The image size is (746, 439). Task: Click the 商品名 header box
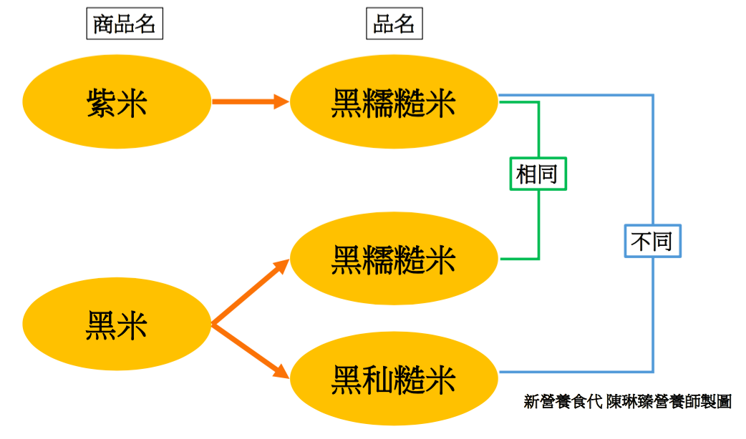pos(125,24)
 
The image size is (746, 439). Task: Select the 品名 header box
pos(394,24)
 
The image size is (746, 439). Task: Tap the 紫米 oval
pos(117,103)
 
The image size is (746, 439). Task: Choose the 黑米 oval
pos(117,326)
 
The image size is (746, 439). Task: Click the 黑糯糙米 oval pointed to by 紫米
pos(393,103)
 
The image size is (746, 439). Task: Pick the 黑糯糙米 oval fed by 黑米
pos(393,259)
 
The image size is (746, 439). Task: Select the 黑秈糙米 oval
pos(393,379)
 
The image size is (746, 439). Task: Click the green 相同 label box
pos(538,174)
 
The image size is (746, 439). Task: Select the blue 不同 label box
pos(652,242)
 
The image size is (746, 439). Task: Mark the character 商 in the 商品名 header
pos(105,24)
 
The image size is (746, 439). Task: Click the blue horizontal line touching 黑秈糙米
pos(573,372)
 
